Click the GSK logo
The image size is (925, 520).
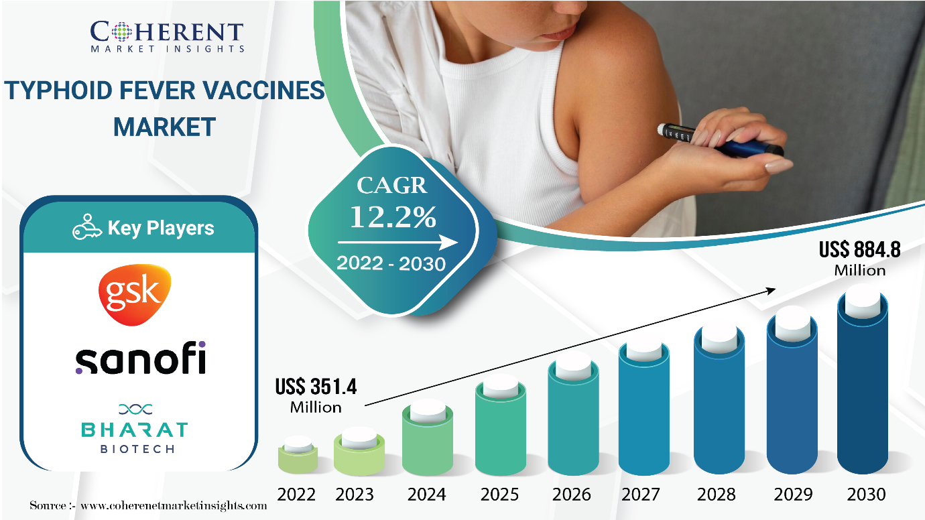[135, 295]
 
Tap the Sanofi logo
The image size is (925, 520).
[140, 358]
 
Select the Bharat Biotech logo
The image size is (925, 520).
[135, 428]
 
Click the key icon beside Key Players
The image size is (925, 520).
[86, 227]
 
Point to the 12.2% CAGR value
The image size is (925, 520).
[393, 216]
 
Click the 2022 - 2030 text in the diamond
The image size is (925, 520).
[391, 264]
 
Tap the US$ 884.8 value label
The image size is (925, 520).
[860, 250]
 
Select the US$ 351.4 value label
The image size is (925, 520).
[316, 387]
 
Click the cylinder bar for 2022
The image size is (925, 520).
[298, 455]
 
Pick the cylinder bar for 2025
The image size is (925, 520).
[501, 425]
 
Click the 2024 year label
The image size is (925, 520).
[427, 495]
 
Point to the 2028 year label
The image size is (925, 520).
[717, 495]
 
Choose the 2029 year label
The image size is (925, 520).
[793, 495]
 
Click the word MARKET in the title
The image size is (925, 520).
[164, 127]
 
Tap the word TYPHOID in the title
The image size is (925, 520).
[58, 90]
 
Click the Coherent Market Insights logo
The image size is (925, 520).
[167, 36]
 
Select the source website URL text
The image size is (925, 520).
[174, 506]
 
